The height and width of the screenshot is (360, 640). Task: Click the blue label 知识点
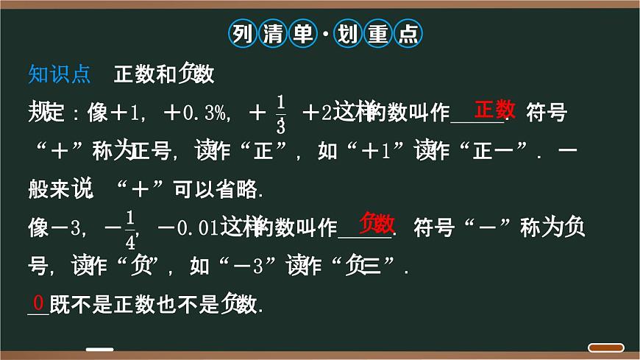coord(59,74)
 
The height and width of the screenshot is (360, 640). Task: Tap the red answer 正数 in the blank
coord(494,110)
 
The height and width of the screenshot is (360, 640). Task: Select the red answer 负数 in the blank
coord(377,222)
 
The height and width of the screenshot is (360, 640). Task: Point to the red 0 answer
coord(38,302)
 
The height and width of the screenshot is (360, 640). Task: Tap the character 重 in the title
coord(377,33)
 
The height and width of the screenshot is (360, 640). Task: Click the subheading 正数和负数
coord(164,74)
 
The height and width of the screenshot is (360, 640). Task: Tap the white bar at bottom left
coord(99,349)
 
